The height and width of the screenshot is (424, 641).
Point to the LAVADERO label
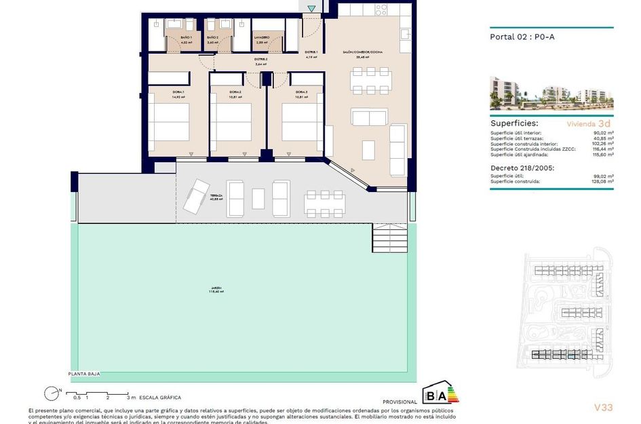(x=262, y=37)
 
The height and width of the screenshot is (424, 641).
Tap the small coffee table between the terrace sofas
(x=258, y=199)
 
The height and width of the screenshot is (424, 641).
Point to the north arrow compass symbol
(x=50, y=392)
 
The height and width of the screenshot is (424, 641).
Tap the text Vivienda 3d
(x=589, y=124)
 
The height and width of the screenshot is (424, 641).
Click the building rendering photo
(x=551, y=92)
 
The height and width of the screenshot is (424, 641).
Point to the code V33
(x=603, y=407)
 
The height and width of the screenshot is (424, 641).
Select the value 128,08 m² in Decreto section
(x=602, y=182)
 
